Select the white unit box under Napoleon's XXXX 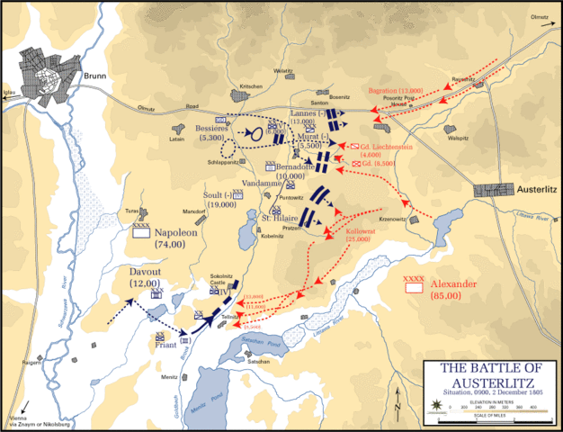click(x=140, y=231)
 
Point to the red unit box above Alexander click(x=414, y=288)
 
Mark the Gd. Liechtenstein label click(x=389, y=145)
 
